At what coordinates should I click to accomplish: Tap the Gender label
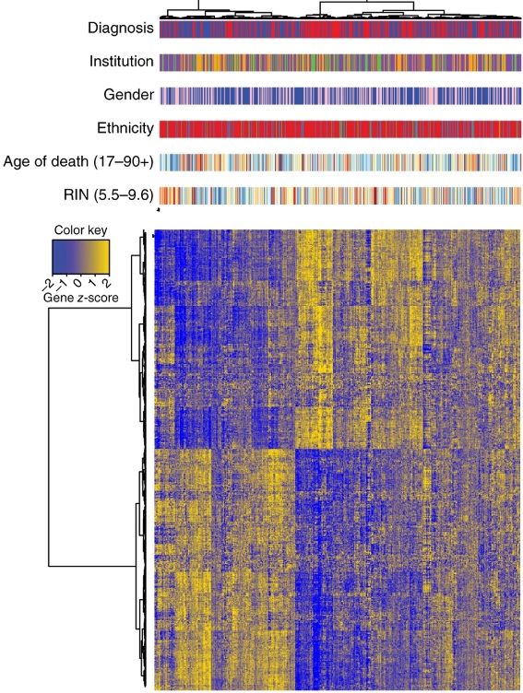(128, 95)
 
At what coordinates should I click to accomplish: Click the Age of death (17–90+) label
(79, 161)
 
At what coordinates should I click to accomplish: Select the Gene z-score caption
(80, 299)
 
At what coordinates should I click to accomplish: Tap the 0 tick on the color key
(80, 278)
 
